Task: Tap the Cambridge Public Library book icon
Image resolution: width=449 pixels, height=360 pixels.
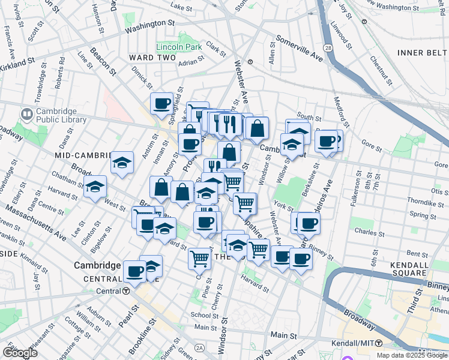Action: point(26,113)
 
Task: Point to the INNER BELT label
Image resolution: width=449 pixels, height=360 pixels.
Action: point(422,53)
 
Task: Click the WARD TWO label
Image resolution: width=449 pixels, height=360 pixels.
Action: point(152,58)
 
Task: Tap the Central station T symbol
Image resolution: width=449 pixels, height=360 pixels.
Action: point(126,291)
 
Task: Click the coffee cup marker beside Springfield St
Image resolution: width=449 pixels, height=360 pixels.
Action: point(161,104)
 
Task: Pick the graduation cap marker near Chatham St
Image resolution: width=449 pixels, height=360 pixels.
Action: point(95,187)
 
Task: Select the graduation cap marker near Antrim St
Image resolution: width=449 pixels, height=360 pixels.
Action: point(122,163)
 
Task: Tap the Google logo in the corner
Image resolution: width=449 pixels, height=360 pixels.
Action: point(20,352)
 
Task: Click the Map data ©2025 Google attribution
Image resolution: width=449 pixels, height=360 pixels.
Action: point(412,355)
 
